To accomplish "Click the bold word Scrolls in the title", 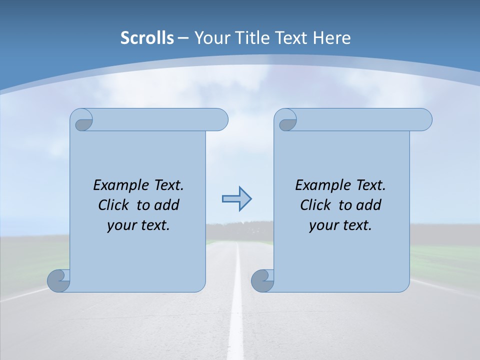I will [x=147, y=38].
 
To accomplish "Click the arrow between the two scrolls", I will [x=236, y=199].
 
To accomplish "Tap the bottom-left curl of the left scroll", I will [x=58, y=280].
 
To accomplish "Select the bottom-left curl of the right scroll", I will [x=262, y=280].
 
